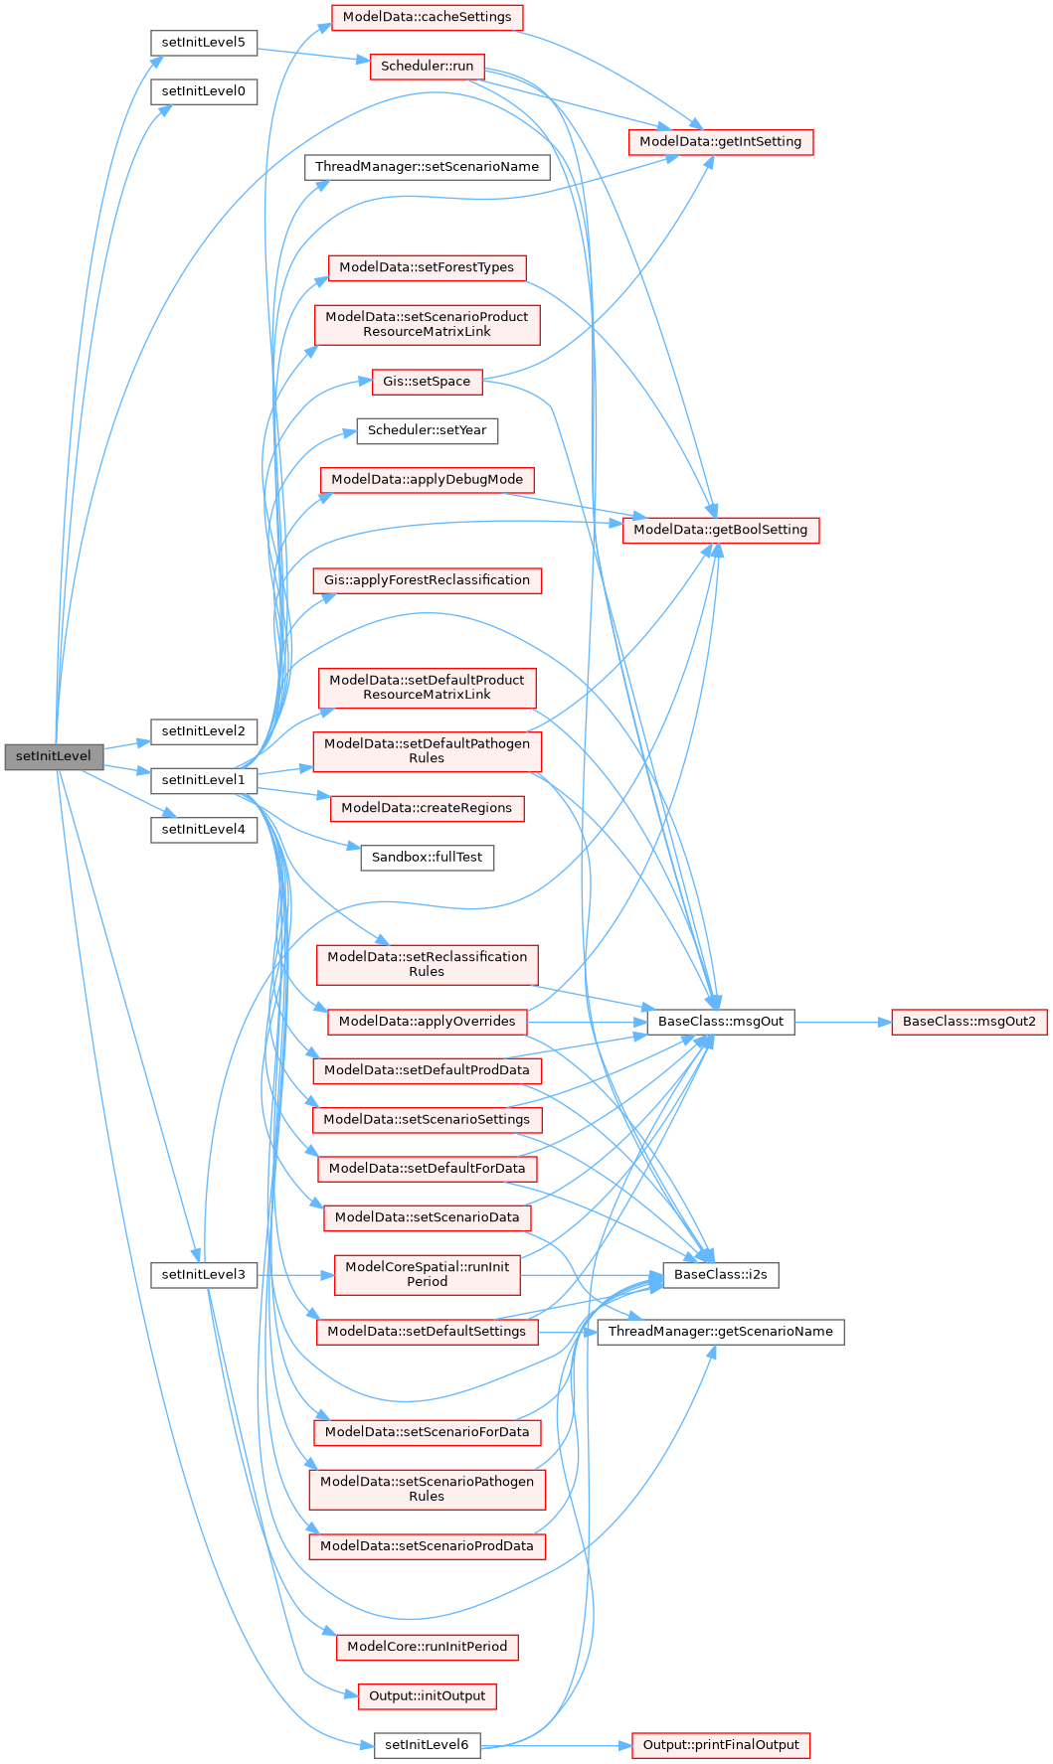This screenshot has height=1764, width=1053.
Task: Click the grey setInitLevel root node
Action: [54, 756]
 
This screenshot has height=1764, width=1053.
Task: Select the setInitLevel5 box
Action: [204, 43]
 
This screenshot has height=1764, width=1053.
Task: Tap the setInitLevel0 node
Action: [204, 91]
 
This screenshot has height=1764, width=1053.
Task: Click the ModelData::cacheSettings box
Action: [427, 17]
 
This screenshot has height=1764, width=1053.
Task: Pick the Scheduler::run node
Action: [427, 67]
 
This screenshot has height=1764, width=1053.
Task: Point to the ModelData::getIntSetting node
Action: [720, 141]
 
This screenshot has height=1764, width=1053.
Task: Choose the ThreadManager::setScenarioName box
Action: [427, 166]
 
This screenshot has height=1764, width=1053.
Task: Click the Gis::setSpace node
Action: [427, 381]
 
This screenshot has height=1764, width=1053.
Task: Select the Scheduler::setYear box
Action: [427, 430]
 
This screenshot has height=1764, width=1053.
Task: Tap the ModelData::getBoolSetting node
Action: [720, 530]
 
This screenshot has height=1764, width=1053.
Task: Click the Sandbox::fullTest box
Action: [427, 857]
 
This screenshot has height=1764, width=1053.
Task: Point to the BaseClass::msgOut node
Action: [720, 1021]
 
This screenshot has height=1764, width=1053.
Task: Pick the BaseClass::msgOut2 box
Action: [968, 1021]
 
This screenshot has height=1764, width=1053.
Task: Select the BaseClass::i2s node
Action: [720, 1274]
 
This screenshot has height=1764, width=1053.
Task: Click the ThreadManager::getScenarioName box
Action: [720, 1332]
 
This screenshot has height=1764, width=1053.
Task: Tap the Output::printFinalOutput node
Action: [720, 1745]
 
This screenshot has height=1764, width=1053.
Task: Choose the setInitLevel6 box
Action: [427, 1745]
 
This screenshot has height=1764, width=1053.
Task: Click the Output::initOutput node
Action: [427, 1695]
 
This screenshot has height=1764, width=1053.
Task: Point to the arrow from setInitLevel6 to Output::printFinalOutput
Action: [557, 1745]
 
